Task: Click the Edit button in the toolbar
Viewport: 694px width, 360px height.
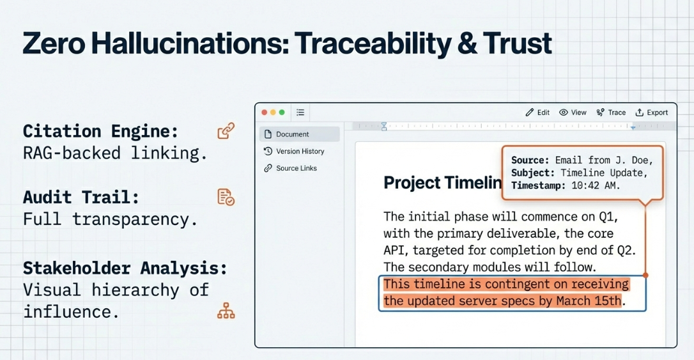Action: pyautogui.click(x=537, y=113)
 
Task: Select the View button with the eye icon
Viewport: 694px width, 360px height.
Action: pyautogui.click(x=573, y=113)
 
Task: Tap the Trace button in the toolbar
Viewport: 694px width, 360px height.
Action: pyautogui.click(x=611, y=113)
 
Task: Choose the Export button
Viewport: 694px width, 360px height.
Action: pyautogui.click(x=652, y=113)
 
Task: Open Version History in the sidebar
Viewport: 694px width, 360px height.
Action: pyautogui.click(x=295, y=152)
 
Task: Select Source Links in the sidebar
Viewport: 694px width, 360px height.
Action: pyautogui.click(x=290, y=168)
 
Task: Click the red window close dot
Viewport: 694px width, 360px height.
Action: pyautogui.click(x=264, y=113)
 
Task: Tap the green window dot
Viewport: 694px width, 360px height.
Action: pyautogui.click(x=281, y=113)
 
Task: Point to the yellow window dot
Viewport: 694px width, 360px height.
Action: pyautogui.click(x=273, y=113)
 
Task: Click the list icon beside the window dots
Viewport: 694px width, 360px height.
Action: pyautogui.click(x=300, y=113)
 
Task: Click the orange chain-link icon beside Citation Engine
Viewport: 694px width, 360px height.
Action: pyautogui.click(x=226, y=130)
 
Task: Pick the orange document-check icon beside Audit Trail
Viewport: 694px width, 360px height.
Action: pyautogui.click(x=226, y=197)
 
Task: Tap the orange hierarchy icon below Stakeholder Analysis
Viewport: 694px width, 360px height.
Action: pyautogui.click(x=226, y=311)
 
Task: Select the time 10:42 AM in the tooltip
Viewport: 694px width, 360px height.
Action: pyautogui.click(x=596, y=185)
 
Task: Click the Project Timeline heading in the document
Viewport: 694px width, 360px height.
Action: pyautogui.click(x=443, y=182)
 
